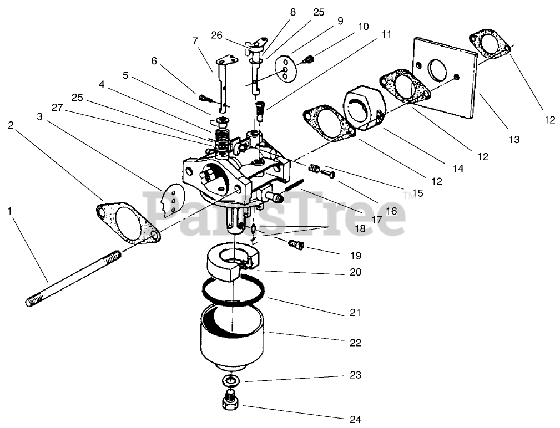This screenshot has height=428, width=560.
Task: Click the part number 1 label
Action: [9, 211]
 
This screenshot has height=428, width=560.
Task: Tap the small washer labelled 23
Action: [229, 381]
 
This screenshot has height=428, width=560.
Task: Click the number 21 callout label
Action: [355, 313]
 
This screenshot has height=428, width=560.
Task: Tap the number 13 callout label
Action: [514, 140]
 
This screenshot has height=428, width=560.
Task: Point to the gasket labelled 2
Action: [127, 224]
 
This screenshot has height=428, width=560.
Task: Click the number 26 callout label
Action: [216, 35]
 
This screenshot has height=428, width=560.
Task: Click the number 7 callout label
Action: [195, 41]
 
